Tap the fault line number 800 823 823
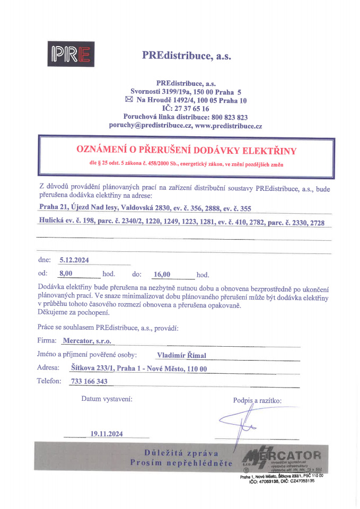pyautogui.click(x=229, y=117)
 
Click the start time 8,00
pyautogui.click(x=66, y=274)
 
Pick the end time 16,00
pyautogui.click(x=161, y=274)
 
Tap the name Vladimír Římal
pyautogui.click(x=181, y=355)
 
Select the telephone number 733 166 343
pyautogui.click(x=89, y=381)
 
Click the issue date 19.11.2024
pyautogui.click(x=107, y=434)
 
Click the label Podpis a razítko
pyautogui.click(x=257, y=400)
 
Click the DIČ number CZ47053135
pyautogui.click(x=302, y=481)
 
